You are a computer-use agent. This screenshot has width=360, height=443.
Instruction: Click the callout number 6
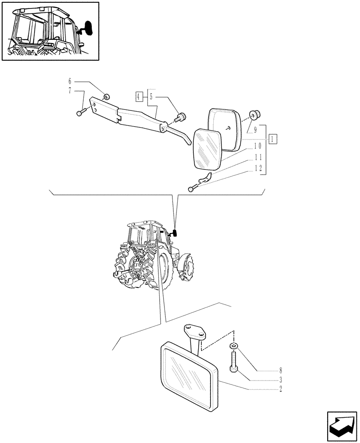[69, 82]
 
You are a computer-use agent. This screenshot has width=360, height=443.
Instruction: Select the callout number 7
[69, 91]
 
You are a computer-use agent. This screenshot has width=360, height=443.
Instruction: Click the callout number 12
[258, 168]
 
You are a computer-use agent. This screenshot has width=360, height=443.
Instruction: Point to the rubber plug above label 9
[255, 115]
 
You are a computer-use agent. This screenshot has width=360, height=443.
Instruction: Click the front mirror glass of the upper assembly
[207, 149]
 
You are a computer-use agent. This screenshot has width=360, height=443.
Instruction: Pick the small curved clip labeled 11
[204, 179]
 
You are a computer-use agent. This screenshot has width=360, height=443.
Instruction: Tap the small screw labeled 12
[192, 189]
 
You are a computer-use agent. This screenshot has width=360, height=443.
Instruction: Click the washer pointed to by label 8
[233, 346]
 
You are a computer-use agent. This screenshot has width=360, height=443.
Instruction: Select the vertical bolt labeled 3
[233, 361]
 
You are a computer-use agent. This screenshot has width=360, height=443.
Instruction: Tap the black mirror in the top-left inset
[89, 28]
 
